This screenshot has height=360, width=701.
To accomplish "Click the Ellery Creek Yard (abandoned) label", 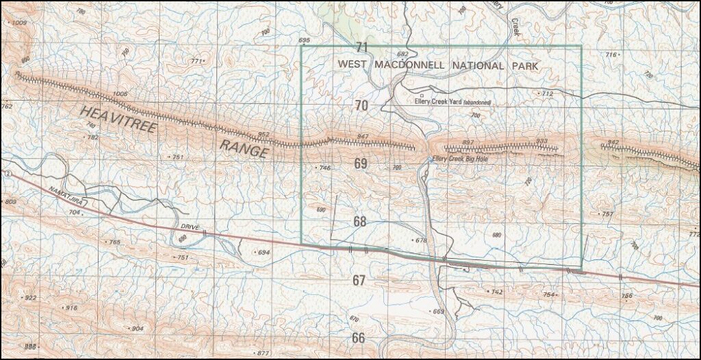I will pos(459,102).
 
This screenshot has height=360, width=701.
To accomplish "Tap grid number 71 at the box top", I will pos(362,47).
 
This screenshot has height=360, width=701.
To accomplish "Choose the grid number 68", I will pos(360,221).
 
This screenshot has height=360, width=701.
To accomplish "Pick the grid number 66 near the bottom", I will pos(359,337).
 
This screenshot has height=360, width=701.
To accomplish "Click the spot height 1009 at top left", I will pos(18,23).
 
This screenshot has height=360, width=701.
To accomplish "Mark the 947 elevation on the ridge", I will pos(363,138).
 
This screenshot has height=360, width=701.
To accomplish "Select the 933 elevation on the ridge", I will pos(542,141).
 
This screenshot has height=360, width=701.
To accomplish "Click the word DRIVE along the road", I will pos(189,226).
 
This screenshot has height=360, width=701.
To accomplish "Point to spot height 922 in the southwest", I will pos(30,298).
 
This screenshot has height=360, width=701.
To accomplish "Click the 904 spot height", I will pos(137,329).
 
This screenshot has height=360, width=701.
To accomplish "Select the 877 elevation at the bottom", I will pos(262,352).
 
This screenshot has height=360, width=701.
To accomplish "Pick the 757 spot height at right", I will pos(607,214).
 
